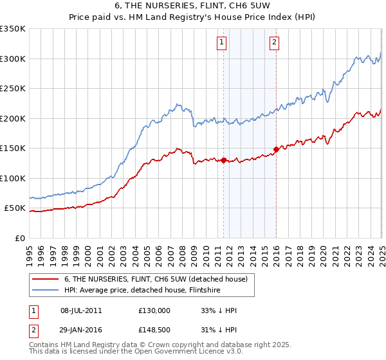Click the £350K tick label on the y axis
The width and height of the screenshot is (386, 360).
point(13,29)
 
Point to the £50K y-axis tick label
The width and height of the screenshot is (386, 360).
point(15,208)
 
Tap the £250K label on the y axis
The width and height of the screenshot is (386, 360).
point(13,89)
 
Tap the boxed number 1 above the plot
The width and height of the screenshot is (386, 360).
point(221,43)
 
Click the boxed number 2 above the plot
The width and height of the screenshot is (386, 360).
point(274,43)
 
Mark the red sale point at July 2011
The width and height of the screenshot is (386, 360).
point(224,160)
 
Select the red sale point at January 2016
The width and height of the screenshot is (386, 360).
point(276,149)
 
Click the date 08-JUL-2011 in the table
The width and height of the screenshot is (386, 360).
point(81,310)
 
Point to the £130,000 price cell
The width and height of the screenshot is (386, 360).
point(154,310)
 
